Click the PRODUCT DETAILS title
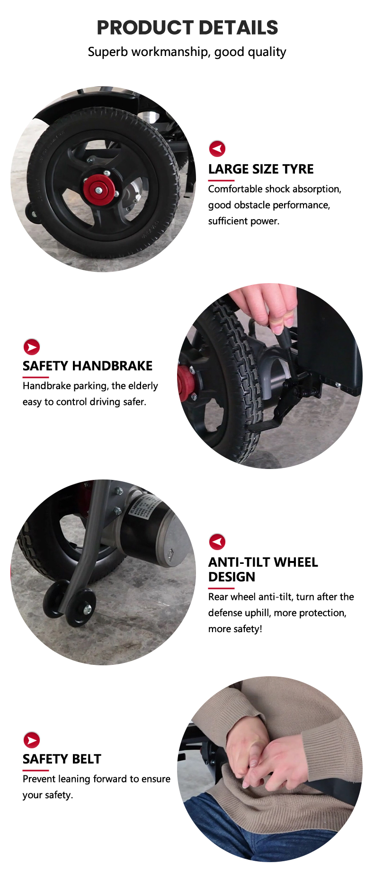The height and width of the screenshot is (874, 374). pos(187,28)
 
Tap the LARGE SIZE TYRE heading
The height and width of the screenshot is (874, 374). pos(261,169)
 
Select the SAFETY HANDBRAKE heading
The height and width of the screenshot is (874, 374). pos(88,366)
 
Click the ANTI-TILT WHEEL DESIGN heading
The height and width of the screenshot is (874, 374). pos(263,570)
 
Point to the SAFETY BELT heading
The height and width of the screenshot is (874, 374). pos(62,759)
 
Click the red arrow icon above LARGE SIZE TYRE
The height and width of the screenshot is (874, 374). pos(217,149)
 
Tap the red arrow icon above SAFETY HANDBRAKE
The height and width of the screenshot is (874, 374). pos(32,347)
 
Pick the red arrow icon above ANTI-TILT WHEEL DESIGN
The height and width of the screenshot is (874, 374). pos(217,542)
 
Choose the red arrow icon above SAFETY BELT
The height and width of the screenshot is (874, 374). pos(32,740)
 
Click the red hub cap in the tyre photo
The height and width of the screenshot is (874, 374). pos(99,188)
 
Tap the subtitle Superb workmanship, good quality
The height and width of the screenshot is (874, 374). pos(187,52)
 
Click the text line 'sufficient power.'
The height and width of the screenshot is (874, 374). pos(244,221)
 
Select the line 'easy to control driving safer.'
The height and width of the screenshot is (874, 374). pos(84,402)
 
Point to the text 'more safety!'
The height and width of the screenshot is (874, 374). pos(235,629)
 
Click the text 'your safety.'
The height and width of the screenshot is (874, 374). pos(48,795)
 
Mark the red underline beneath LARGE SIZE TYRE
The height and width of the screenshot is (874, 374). pos(221,181)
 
